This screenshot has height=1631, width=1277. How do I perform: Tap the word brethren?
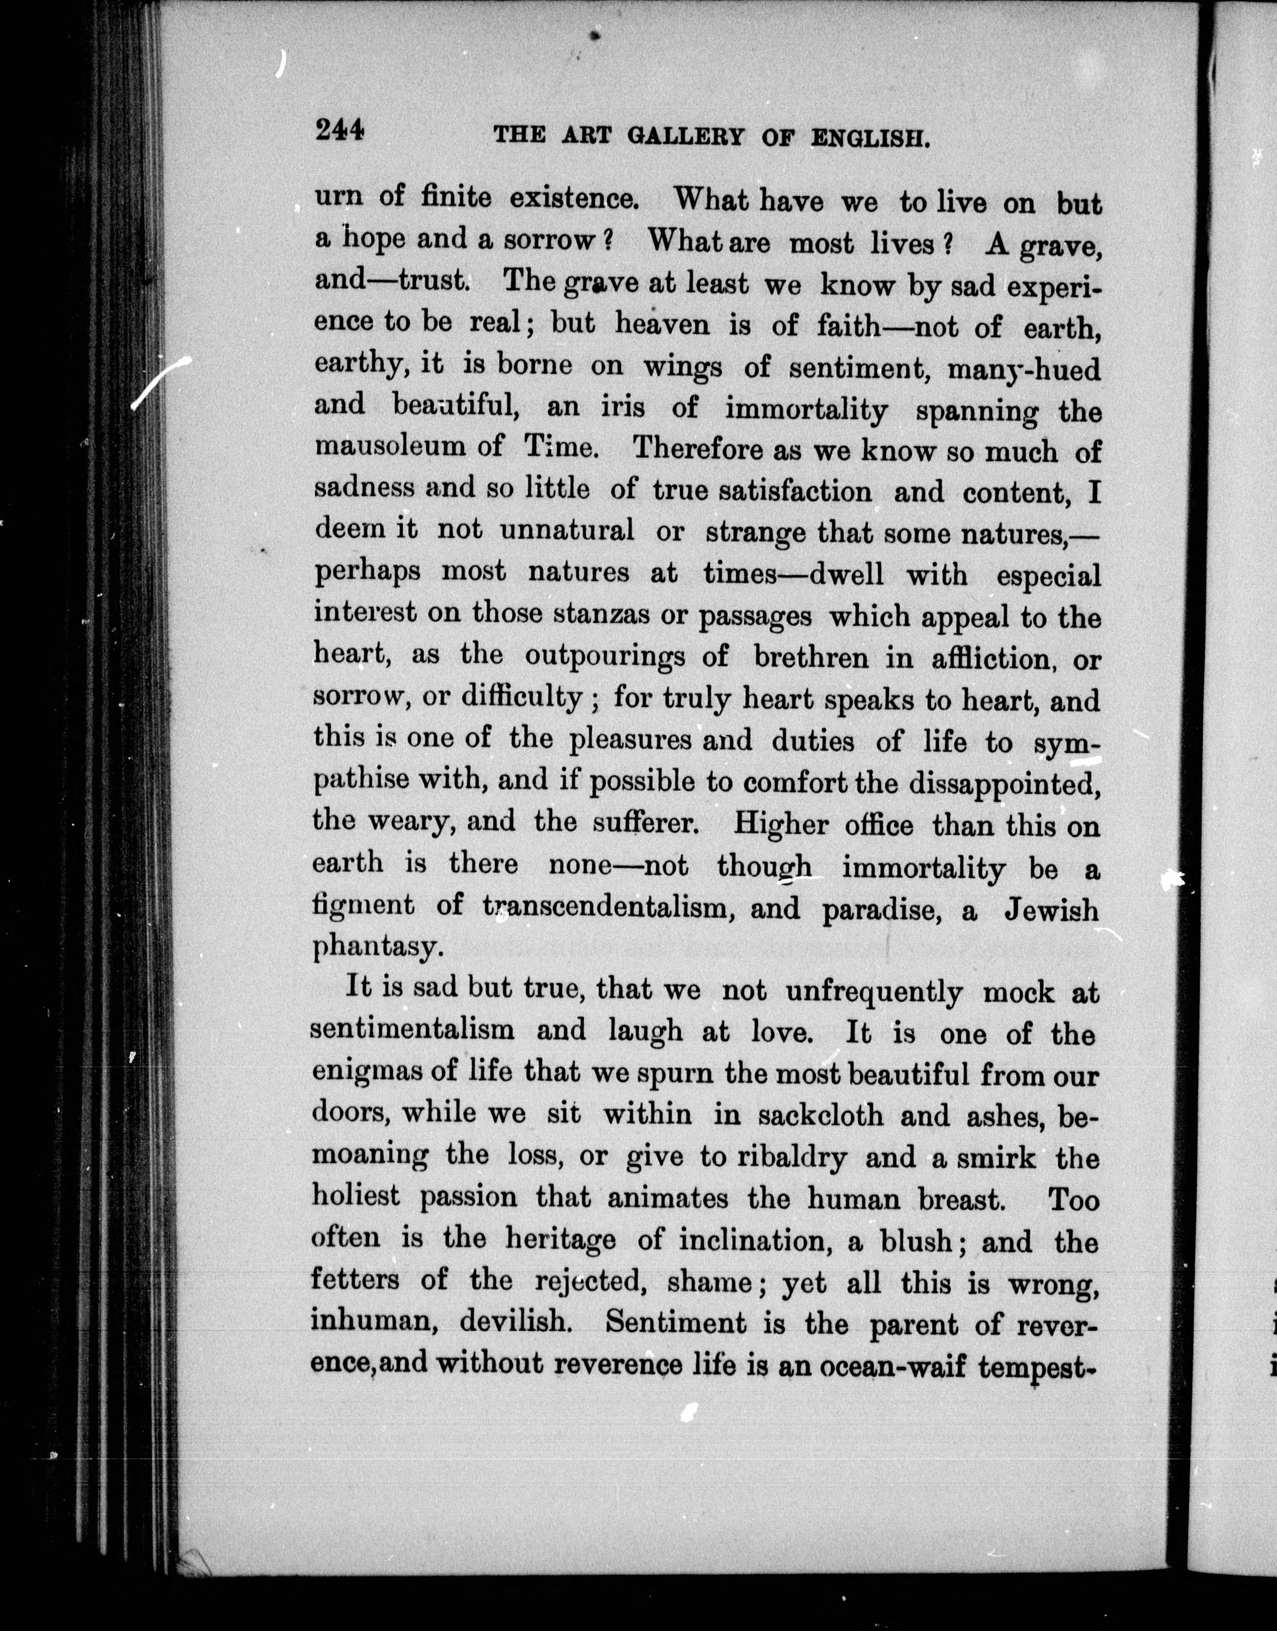pyautogui.click(x=811, y=657)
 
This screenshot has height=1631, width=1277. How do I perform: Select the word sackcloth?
pyautogui.click(x=820, y=1114)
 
